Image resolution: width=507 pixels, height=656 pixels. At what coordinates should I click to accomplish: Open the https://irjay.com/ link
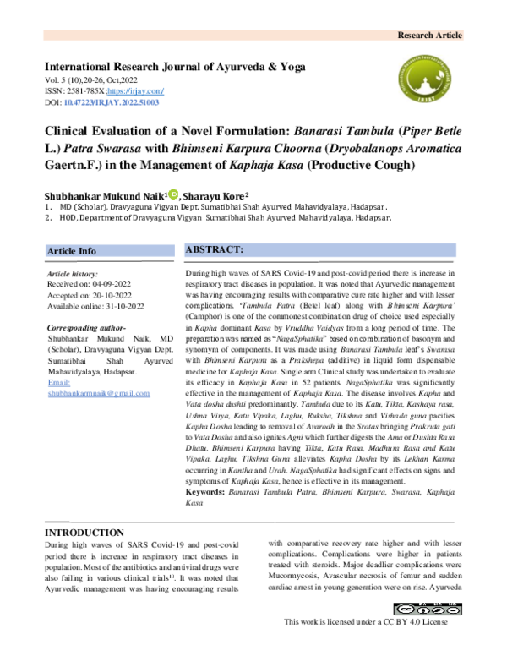139,90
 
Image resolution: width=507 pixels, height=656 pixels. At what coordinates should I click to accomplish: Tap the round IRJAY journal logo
430,79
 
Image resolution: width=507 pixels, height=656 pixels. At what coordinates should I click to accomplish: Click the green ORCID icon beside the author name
173,193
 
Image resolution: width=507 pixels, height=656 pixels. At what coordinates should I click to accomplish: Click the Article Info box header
72,251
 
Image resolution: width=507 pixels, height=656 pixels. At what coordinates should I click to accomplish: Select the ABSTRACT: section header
215,250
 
